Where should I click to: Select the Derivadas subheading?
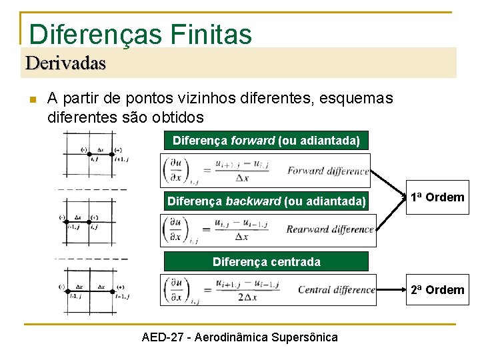tap(65, 63)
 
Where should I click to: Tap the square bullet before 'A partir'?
tap(31, 99)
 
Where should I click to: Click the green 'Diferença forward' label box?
tap(266, 141)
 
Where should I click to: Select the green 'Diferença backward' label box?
tap(266, 201)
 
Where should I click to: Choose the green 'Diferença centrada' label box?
tap(266, 261)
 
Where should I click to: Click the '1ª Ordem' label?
tap(437, 197)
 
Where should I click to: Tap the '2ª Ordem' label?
tap(437, 289)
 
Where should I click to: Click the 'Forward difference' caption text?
tap(328, 171)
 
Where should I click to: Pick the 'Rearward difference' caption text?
tap(329, 229)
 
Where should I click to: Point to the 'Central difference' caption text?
tap(335, 289)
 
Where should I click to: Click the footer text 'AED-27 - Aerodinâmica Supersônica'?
tap(240, 337)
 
